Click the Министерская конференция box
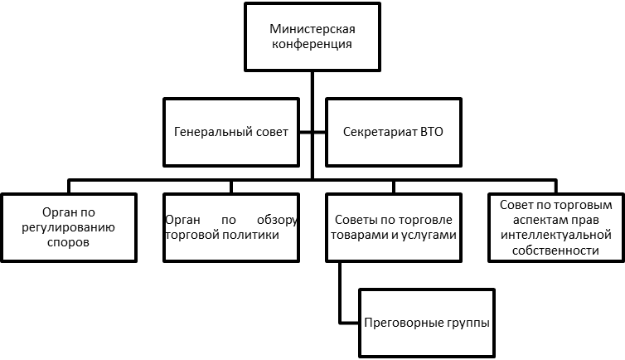point(312,37)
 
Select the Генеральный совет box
point(230,132)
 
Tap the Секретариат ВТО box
point(393,132)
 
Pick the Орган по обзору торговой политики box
point(231,227)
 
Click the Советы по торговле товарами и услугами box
point(393,227)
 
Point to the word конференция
point(312,45)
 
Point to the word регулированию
point(68,228)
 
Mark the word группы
point(469,322)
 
